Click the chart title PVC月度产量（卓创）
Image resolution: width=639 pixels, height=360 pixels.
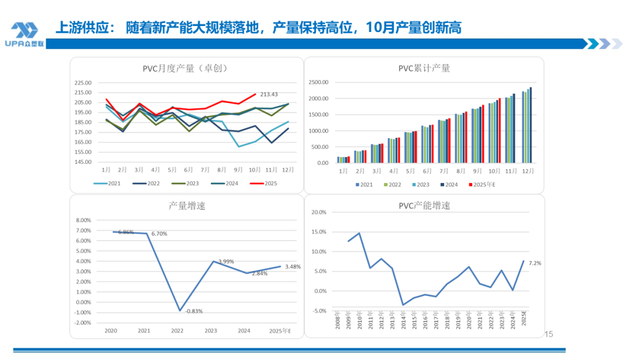pos(185,68)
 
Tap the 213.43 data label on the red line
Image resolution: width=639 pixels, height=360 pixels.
pos(270,94)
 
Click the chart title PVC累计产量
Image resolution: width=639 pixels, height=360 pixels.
pos(424,68)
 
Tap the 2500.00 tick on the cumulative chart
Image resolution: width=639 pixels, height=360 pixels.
pos(318,82)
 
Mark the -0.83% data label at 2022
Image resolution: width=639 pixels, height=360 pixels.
pos(193,311)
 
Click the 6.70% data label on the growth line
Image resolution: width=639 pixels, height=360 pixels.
pos(159,234)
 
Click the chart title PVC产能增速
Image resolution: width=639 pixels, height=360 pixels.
pos(424,206)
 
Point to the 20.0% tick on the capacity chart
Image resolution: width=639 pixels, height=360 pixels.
pos(318,212)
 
